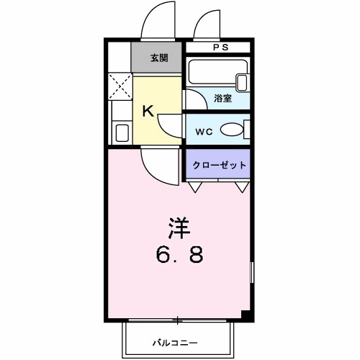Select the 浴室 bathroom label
(x=222, y=99)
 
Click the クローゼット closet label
(x=219, y=166)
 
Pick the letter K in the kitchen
(x=147, y=111)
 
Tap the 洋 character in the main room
(x=179, y=228)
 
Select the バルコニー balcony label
(x=174, y=342)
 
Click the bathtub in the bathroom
(x=217, y=75)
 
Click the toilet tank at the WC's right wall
(x=247, y=130)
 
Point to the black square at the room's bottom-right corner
(x=246, y=314)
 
